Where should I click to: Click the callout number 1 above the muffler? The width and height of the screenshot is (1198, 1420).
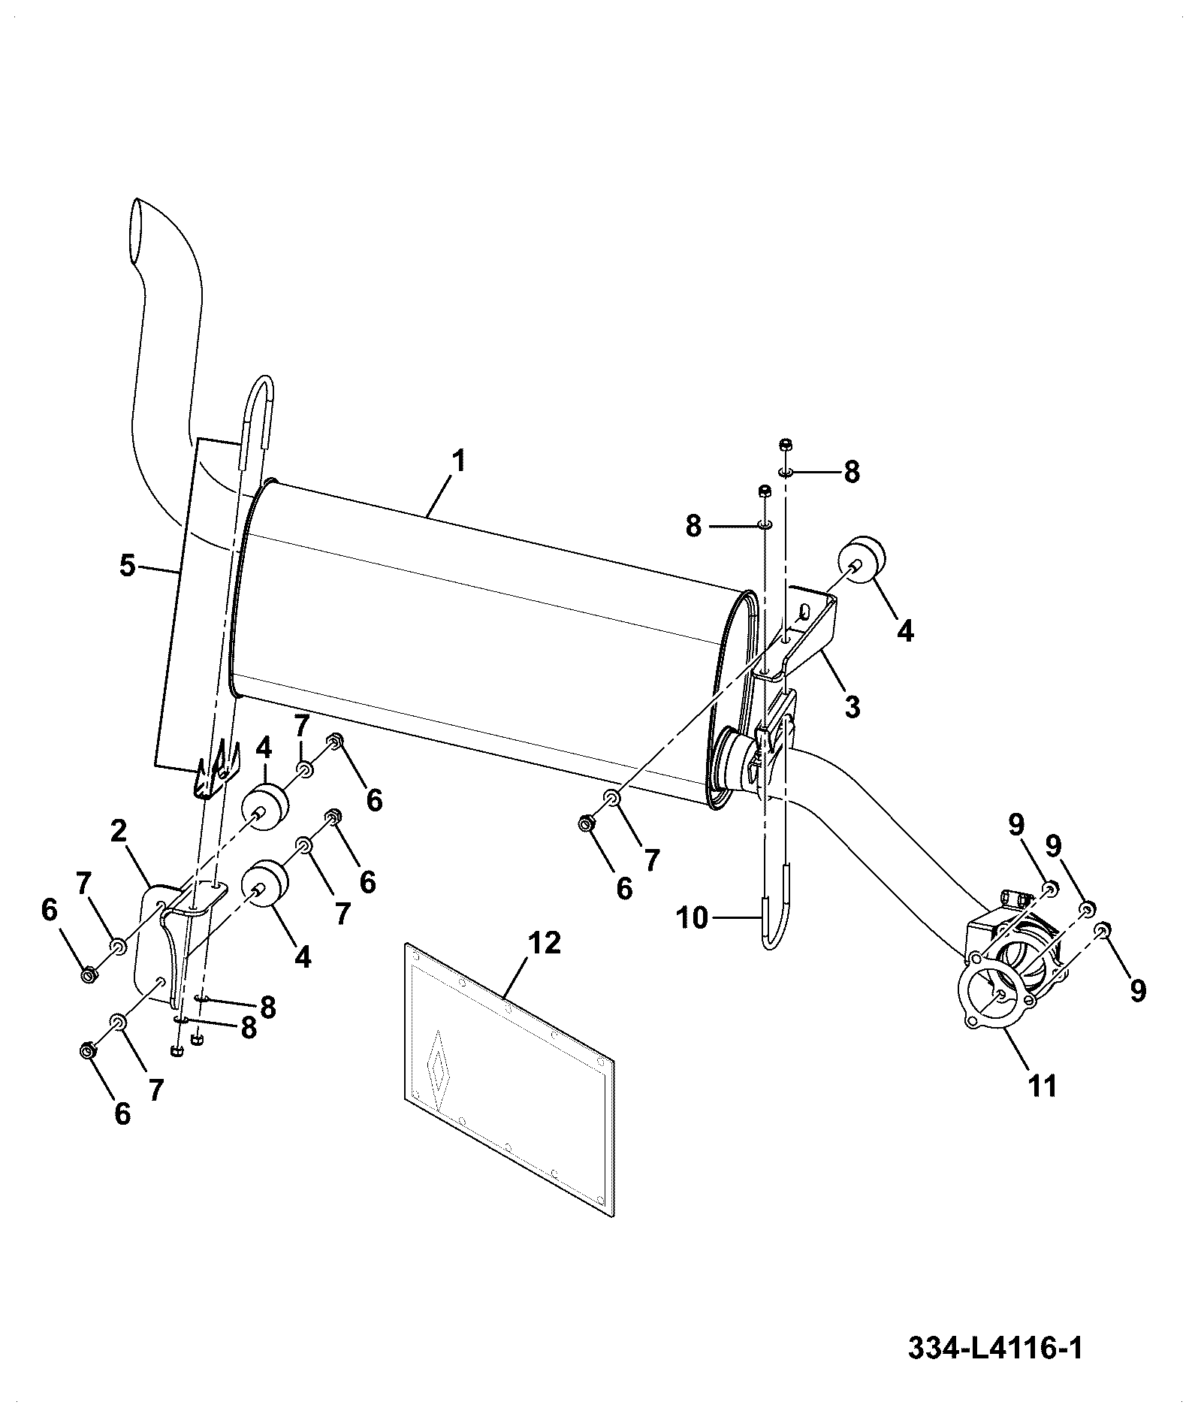(x=457, y=461)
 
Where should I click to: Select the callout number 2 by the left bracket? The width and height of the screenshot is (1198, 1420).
(x=117, y=832)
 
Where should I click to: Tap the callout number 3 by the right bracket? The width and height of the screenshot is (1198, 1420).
(x=851, y=707)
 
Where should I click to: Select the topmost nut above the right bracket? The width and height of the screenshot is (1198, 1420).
(x=786, y=444)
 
